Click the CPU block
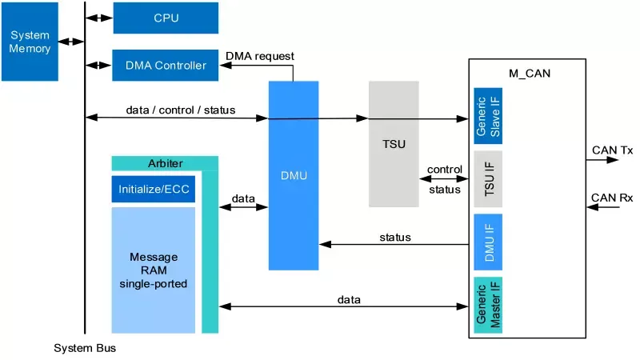click(166, 18)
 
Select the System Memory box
click(30, 42)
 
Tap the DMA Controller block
click(166, 65)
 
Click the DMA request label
click(260, 56)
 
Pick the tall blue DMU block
click(294, 175)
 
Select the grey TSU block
click(394, 144)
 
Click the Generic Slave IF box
click(487, 116)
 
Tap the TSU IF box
click(487, 179)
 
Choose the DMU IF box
click(487, 242)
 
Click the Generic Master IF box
click(487, 304)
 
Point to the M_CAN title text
click(530, 74)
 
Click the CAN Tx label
click(612, 149)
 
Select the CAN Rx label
click(612, 197)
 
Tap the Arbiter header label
click(165, 163)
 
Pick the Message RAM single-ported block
click(153, 270)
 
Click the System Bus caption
click(85, 349)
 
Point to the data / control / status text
click(181, 110)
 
